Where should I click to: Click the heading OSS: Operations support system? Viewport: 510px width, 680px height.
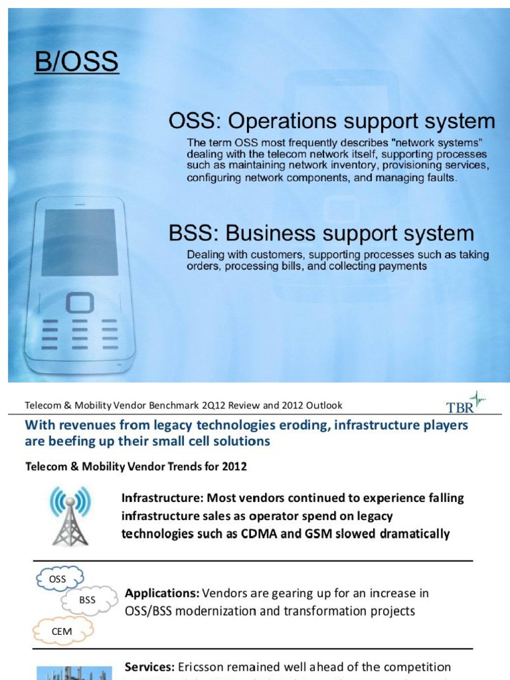332,121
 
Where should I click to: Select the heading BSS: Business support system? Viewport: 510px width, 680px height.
321,233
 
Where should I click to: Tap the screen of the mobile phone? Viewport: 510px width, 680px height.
80,242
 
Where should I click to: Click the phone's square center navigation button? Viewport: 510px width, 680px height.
80,303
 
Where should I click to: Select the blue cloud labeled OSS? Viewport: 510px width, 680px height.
58,579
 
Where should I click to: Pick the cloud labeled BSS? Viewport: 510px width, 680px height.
87,600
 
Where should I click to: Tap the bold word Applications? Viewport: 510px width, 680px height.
161,593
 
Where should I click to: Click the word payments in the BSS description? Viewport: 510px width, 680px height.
400,266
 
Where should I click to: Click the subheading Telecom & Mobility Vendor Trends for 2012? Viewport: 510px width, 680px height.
135,467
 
